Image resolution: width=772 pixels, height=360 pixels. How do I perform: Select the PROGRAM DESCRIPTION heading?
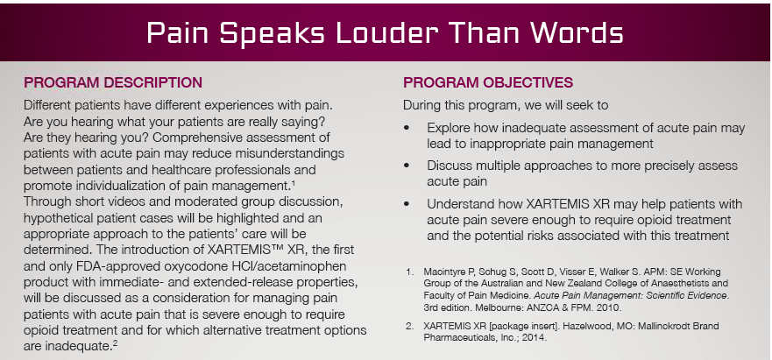click(x=113, y=83)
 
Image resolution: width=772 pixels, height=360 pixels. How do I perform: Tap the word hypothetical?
click(x=58, y=217)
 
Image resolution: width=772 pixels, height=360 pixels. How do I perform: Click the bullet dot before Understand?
click(x=409, y=203)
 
